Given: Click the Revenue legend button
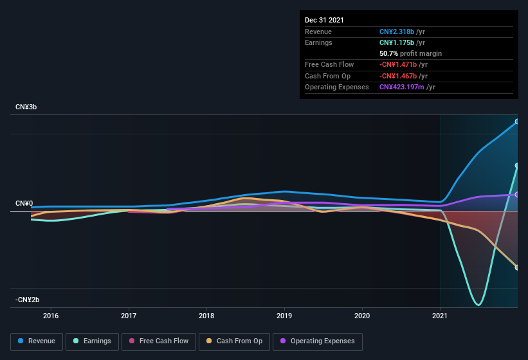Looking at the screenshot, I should tap(37, 341).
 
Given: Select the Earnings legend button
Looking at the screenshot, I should tap(92, 341).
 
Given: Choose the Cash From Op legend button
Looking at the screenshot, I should tap(235, 341).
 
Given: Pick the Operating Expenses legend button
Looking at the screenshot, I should tap(318, 341).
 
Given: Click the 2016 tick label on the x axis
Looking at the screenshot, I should tap(51, 316).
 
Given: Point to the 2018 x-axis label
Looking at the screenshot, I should tap(206, 316).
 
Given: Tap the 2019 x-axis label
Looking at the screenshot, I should tap(284, 316).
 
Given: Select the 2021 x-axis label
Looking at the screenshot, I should tap(440, 316).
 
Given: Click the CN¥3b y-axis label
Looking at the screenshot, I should tap(26, 107).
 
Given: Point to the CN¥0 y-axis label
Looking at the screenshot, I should tap(24, 203).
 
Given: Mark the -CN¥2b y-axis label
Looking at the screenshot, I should tap(28, 300).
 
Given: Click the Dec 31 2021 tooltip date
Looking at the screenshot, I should tap(324, 20).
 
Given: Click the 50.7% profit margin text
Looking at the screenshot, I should tap(410, 53).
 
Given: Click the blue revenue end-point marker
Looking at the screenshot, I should tap(517, 122).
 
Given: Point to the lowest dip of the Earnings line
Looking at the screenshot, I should tap(478, 304).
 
